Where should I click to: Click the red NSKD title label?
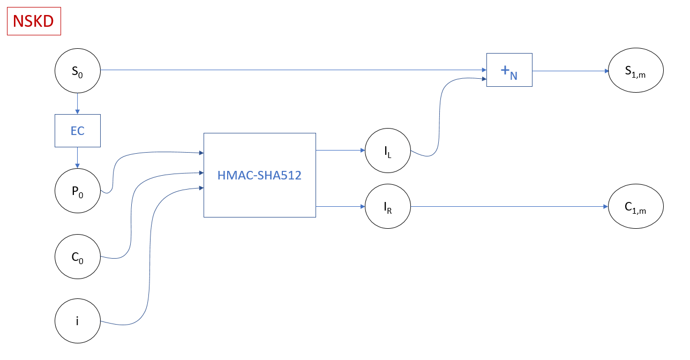34,21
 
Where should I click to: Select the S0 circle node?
78,70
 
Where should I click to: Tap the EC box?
78,131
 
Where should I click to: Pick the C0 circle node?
78,257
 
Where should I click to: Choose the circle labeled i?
78,321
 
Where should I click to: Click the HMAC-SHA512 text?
259,175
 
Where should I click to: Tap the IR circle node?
387,206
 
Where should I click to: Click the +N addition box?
509,70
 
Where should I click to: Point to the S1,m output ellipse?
635,70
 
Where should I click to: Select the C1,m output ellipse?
635,206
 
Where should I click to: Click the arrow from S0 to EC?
78,103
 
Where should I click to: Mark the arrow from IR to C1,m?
509,206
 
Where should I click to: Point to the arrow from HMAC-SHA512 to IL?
340,151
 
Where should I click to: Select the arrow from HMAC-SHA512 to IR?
340,206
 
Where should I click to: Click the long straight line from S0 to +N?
289,70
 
